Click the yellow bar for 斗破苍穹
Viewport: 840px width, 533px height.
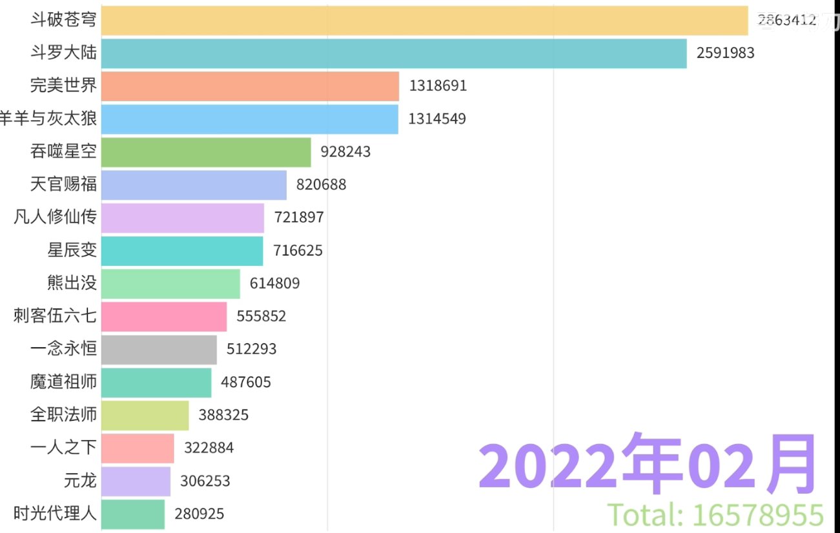424,20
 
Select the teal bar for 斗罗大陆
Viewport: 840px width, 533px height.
394,54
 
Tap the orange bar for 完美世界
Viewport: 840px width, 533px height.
250,86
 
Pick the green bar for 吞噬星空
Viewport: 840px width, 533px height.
206,152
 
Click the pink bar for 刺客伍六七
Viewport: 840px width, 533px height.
164,316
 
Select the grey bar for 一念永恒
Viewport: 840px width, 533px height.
159,349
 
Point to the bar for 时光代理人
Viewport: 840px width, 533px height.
133,514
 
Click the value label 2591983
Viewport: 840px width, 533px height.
725,54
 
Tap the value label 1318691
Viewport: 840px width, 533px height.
437,86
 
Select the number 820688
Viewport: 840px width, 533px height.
321,185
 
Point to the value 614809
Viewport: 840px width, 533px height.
274,283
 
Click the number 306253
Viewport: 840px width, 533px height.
205,481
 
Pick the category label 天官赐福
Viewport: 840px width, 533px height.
63,185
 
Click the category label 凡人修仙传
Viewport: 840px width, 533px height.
55,217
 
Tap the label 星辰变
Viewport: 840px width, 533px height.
72,250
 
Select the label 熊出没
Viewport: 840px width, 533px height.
72,283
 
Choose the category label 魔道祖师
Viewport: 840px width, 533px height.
63,382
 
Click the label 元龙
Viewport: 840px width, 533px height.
80,481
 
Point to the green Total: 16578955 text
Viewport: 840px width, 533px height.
715,516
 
